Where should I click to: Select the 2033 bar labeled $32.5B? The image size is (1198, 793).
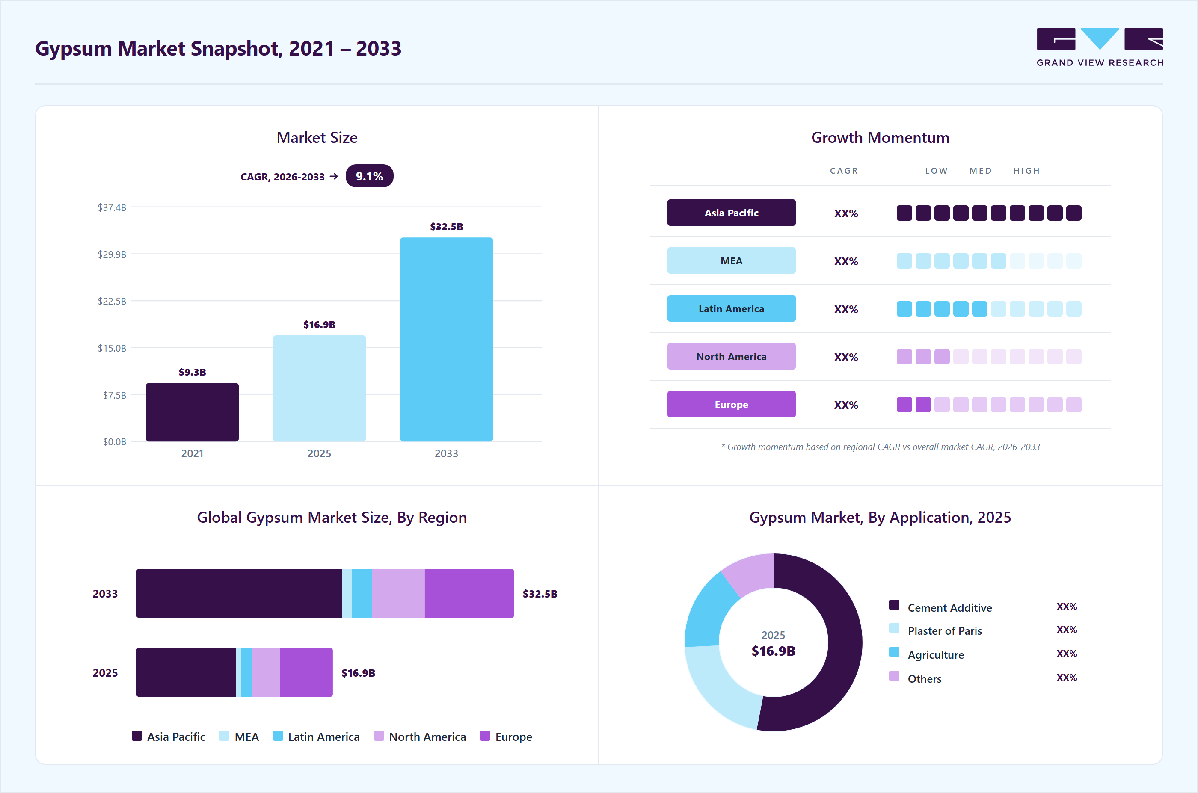(446, 339)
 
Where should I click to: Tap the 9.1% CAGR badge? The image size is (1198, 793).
(369, 176)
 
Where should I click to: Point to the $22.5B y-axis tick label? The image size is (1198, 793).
(112, 301)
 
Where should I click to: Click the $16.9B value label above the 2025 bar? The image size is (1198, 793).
(319, 325)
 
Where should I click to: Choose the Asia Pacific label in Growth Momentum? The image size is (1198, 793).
(731, 213)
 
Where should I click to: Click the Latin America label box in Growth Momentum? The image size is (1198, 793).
(731, 308)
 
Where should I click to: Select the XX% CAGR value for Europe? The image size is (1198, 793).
(846, 405)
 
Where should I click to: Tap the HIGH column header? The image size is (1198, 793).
(1026, 171)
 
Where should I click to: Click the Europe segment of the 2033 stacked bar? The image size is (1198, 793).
(469, 593)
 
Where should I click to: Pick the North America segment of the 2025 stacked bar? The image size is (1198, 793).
(266, 672)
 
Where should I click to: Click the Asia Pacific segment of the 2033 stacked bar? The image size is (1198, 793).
(239, 593)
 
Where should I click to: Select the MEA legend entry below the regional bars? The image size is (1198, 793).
(239, 737)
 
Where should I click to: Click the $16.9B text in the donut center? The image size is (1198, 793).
(774, 651)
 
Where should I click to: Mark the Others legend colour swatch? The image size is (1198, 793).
(894, 676)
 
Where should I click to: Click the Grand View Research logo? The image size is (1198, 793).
(1100, 47)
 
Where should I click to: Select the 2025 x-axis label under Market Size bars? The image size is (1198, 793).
(319, 453)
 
